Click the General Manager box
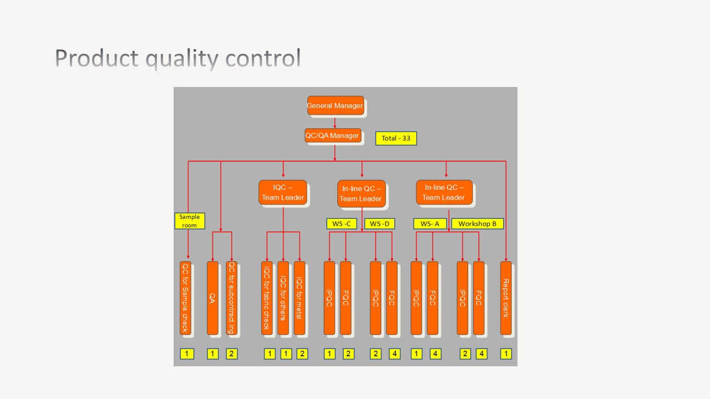pos(336,105)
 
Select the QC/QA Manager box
pos(333,135)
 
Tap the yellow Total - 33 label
pos(396,138)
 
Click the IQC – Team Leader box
pos(282,192)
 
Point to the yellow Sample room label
pos(190,221)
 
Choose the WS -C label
pos(341,224)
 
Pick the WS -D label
pos(379,224)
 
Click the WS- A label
pos(430,224)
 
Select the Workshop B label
pos(478,224)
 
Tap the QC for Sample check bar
pos(185,298)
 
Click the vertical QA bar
pos(212,298)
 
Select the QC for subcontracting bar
pos(232,298)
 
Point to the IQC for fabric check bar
pos(267,298)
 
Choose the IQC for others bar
pos(283,298)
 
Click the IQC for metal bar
pos(300,298)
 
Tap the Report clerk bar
pos(506,298)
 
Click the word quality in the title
pos(179,59)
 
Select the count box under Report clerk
pos(506,354)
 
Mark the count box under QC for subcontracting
pos(232,354)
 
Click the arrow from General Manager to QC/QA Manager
pos(335,122)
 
